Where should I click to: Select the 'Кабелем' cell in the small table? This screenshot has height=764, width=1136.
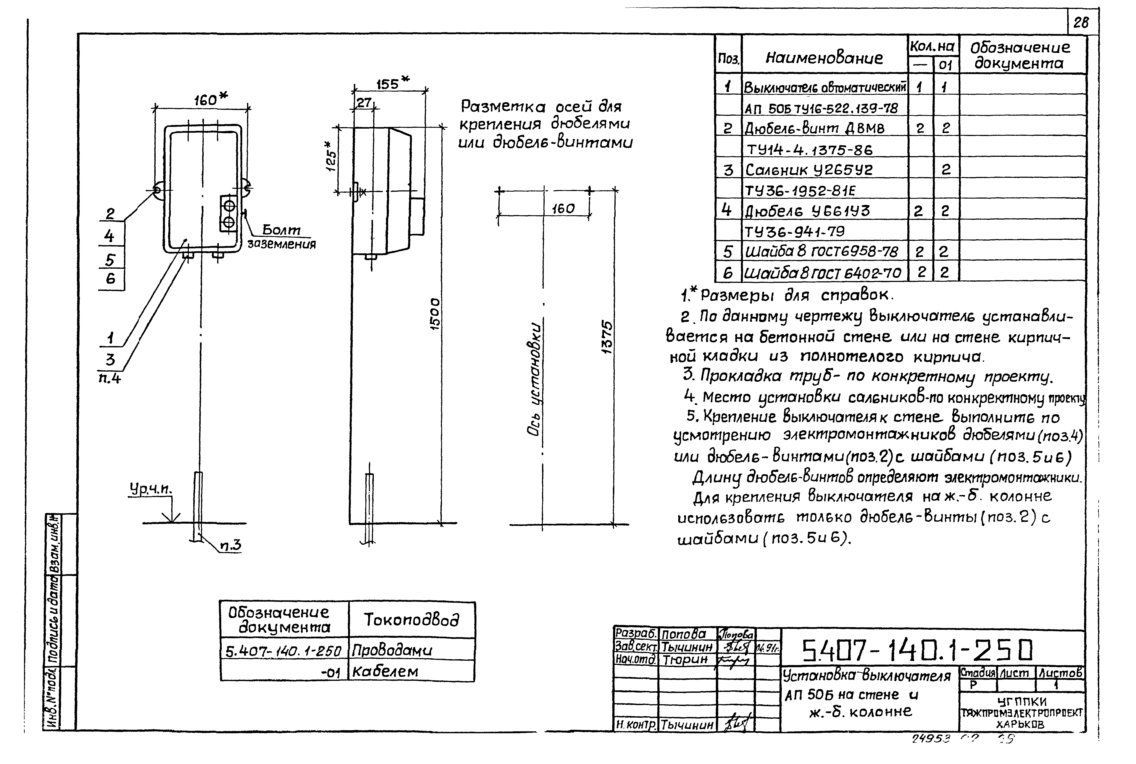(385, 671)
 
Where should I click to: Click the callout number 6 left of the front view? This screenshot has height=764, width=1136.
(111, 279)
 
